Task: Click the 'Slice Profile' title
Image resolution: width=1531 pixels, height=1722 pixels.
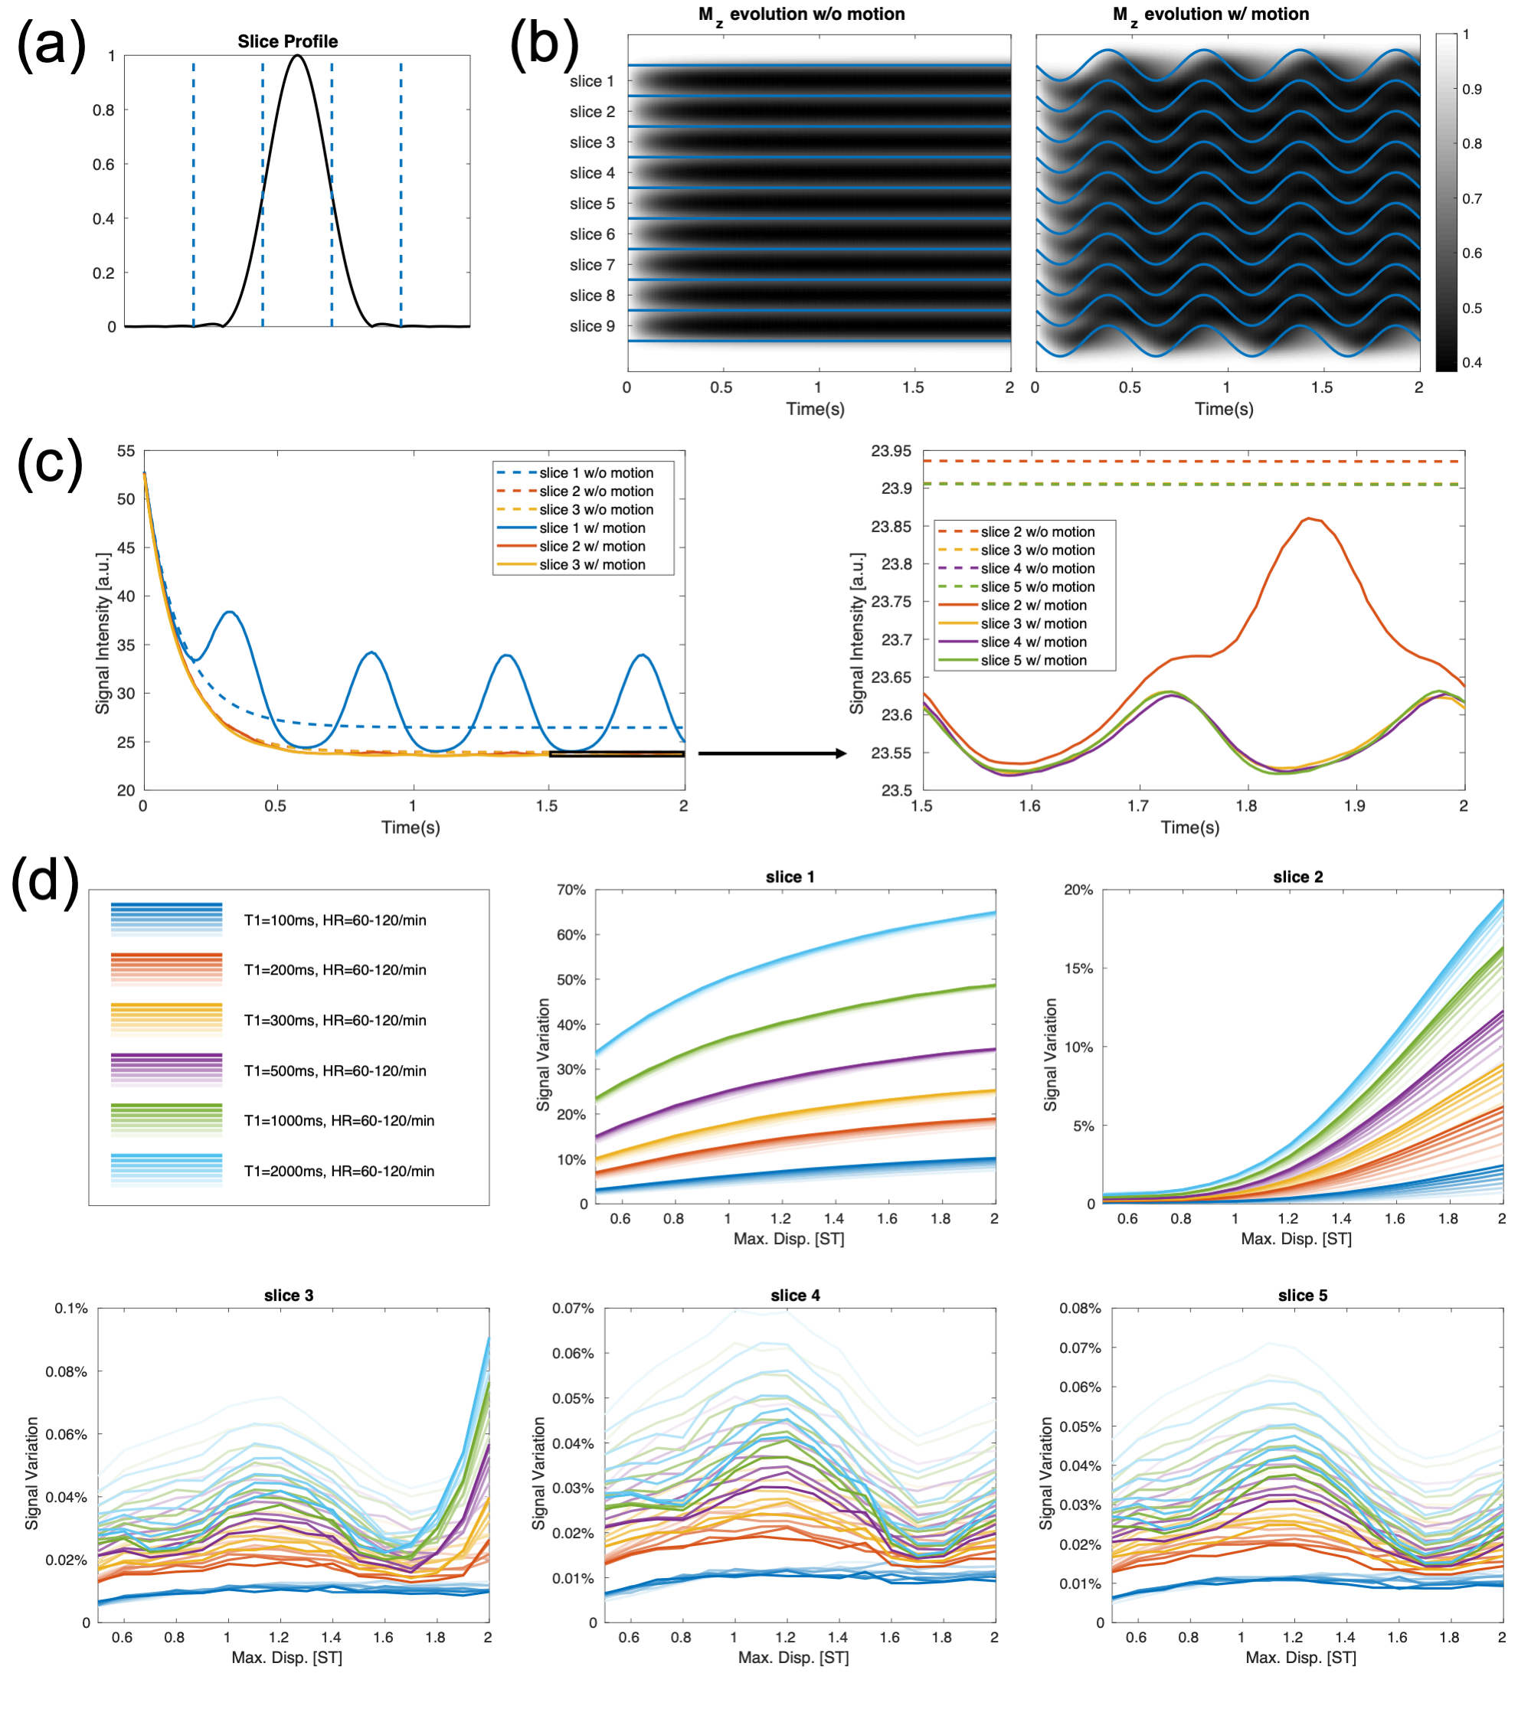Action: [x=287, y=41]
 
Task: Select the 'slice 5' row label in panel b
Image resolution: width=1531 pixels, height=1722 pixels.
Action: [x=591, y=204]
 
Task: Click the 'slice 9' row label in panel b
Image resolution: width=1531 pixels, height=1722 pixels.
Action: [x=591, y=326]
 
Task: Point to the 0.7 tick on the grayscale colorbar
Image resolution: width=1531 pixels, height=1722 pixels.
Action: [x=1471, y=199]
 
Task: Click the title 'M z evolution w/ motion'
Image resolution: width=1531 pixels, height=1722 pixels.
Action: [x=1210, y=15]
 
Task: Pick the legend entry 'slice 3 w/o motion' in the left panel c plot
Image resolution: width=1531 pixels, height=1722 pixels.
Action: [x=596, y=510]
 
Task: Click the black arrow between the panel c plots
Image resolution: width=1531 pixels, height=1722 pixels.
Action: [x=771, y=753]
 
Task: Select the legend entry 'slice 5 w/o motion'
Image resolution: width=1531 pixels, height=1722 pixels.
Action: [x=1037, y=587]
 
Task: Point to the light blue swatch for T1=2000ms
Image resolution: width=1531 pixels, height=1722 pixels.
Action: [x=167, y=1170]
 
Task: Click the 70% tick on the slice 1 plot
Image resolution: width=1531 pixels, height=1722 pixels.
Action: [x=571, y=890]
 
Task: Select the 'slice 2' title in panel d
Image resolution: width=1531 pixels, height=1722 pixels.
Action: [x=1297, y=877]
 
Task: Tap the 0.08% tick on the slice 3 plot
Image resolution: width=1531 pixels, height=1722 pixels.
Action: [x=67, y=1371]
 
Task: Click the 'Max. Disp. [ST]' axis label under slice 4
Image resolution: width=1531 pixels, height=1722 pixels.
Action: [x=793, y=1657]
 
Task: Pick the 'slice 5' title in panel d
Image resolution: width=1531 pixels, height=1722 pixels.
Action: [x=1302, y=1295]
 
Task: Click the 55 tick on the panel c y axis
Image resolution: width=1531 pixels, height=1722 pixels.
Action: [x=126, y=452]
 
